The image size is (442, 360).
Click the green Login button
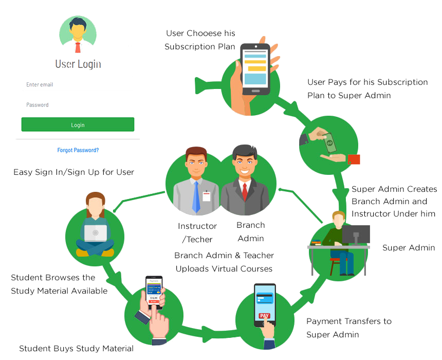78,125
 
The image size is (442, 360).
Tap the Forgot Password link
78,150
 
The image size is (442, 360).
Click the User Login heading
78,64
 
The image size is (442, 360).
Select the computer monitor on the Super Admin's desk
356,234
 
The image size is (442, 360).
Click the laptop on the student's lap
95,233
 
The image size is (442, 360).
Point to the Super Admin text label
409,248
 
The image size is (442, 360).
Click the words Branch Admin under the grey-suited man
251,231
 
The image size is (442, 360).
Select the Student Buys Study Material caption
76,349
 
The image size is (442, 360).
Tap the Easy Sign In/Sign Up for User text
73,172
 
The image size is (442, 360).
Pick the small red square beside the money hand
354,159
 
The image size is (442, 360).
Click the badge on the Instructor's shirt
207,196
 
